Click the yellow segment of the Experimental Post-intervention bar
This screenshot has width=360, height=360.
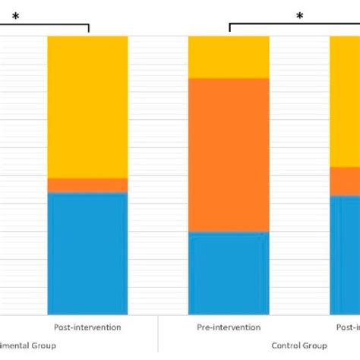coord(87,106)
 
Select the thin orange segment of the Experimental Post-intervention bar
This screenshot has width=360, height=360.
coord(87,185)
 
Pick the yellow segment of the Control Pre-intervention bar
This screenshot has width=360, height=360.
coord(229,57)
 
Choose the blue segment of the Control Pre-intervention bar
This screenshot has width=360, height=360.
coord(229,272)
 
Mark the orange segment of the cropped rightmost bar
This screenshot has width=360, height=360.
coord(345,181)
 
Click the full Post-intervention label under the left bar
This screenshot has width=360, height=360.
coord(87,327)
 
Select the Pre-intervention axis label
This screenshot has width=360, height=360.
coord(229,327)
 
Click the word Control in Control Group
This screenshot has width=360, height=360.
coord(286,346)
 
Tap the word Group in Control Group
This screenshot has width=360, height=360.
coord(315,346)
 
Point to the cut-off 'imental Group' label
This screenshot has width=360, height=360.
coord(27,346)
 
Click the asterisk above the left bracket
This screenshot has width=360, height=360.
coord(15,16)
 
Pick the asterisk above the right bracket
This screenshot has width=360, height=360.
coord(300,16)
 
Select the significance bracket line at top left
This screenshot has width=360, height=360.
coord(46,27)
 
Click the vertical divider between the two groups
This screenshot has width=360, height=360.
coord(158,334)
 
